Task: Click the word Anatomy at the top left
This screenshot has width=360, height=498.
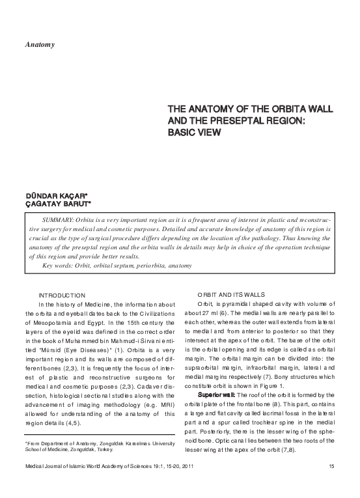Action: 39,45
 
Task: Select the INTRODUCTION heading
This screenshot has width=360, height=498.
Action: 62,296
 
